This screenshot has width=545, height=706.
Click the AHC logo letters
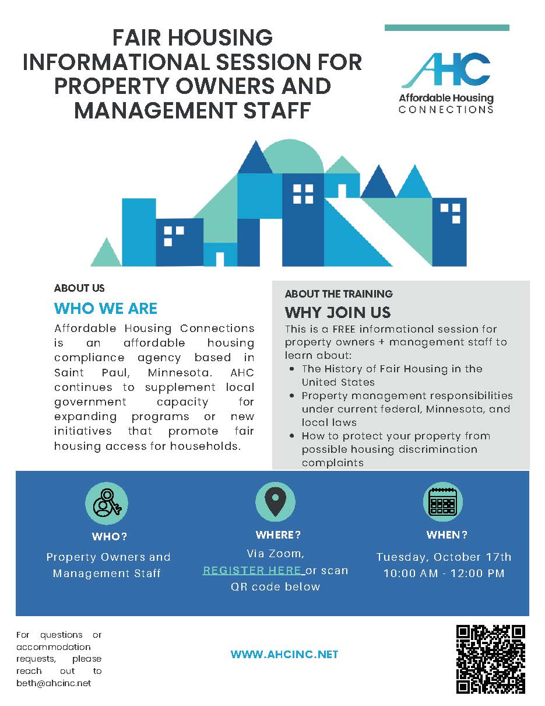click(x=446, y=70)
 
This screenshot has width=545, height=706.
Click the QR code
click(x=491, y=659)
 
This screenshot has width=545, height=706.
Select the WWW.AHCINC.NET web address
click(x=284, y=655)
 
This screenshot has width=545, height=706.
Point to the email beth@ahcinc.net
click(x=54, y=683)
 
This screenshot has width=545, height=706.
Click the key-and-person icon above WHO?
click(x=107, y=503)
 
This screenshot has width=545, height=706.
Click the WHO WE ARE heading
click(x=106, y=308)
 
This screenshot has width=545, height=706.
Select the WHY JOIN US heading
click(x=337, y=312)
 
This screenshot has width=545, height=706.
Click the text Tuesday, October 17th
click(x=444, y=557)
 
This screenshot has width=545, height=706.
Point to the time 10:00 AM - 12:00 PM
click(x=444, y=574)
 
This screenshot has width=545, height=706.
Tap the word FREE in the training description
click(x=348, y=329)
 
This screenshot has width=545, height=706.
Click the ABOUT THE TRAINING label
click(x=339, y=293)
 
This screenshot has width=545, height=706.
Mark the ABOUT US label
click(x=79, y=288)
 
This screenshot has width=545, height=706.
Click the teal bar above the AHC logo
click(x=446, y=27)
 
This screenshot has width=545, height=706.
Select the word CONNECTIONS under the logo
click(x=446, y=110)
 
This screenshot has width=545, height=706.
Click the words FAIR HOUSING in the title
click(x=192, y=38)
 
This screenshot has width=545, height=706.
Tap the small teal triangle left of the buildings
click(x=106, y=253)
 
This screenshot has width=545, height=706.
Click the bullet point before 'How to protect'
click(x=291, y=436)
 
